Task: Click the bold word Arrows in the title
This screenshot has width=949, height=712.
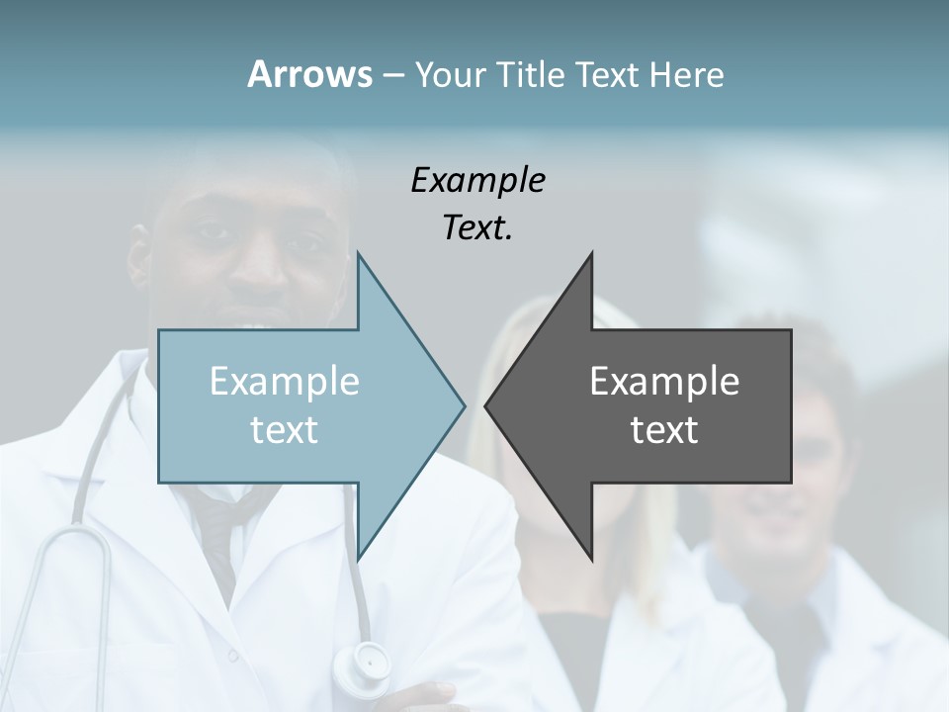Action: point(308,74)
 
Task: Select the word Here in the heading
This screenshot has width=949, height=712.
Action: point(686,74)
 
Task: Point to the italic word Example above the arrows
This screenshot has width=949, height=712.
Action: point(477,180)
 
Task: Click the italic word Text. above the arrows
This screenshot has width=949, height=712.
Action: point(477,228)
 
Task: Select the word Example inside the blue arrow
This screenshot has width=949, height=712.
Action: point(285,382)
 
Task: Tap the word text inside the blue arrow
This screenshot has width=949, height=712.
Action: point(285,430)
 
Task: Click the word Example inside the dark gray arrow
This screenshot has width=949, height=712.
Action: point(664,382)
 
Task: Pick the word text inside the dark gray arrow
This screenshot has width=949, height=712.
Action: point(664,430)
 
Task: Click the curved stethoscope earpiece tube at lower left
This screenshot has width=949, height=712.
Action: point(59,554)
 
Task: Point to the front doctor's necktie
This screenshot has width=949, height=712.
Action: point(222,534)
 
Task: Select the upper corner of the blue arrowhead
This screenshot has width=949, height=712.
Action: point(359,256)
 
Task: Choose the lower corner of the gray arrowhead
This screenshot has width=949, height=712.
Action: point(591,558)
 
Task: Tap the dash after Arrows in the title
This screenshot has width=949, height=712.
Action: point(392,75)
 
